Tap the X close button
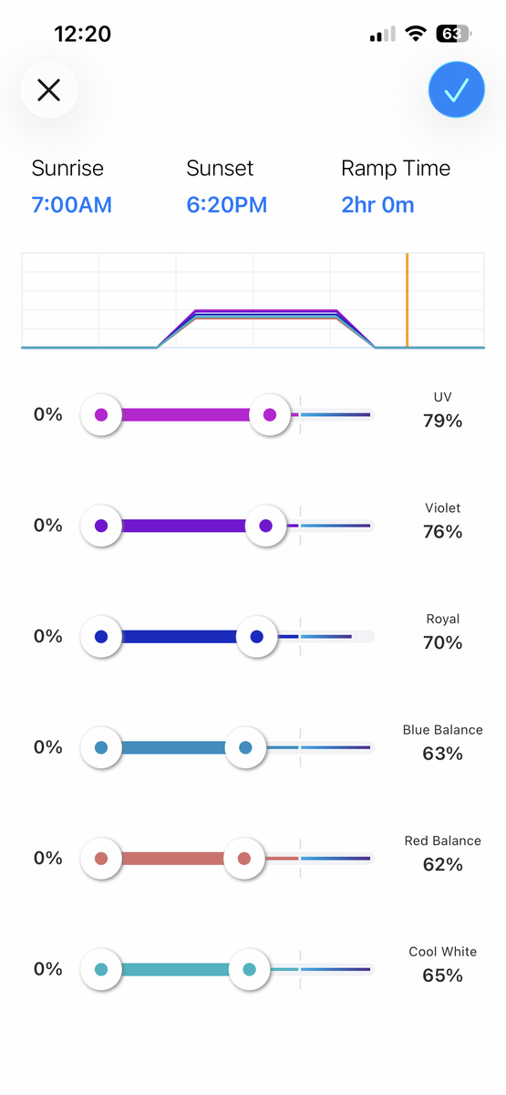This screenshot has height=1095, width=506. click(x=49, y=90)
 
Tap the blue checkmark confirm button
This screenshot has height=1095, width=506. click(x=456, y=89)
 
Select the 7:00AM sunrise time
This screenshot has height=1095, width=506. click(x=72, y=204)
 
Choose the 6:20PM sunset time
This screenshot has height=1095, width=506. click(x=227, y=204)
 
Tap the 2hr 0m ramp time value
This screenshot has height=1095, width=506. click(x=377, y=204)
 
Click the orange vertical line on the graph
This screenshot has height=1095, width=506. click(x=407, y=299)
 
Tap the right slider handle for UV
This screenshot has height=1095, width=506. click(x=270, y=414)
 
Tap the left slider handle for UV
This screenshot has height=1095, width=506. click(x=101, y=414)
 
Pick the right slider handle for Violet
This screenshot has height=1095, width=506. click(x=265, y=526)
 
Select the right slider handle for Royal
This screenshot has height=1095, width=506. click(x=257, y=637)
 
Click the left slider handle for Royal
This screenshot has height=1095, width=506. click(x=101, y=637)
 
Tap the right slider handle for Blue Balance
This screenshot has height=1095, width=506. click(x=245, y=747)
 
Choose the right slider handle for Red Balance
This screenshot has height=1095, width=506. click(x=244, y=859)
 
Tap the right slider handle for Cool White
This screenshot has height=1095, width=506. click(x=249, y=969)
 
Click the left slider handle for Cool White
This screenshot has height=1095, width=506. click(x=101, y=969)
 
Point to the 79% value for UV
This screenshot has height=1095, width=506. click(x=442, y=421)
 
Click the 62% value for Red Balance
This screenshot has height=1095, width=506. click(x=442, y=865)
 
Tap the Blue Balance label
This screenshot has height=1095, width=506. click(x=442, y=730)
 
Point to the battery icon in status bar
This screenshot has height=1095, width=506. click(x=454, y=34)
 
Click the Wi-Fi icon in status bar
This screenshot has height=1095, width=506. click(x=415, y=34)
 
